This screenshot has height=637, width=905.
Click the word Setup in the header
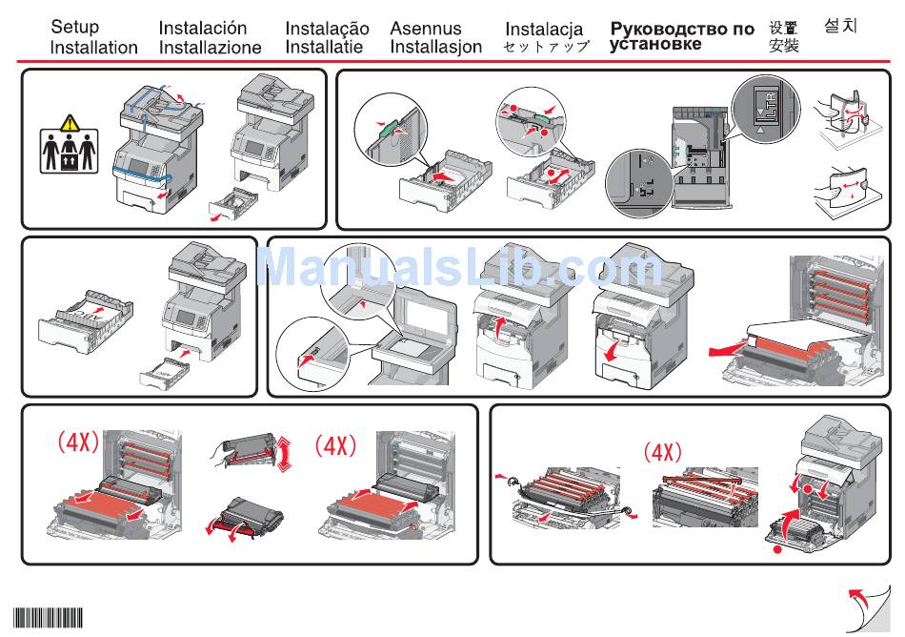[x=74, y=27]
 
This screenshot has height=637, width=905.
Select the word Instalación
[x=202, y=29]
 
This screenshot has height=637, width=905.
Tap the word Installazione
[x=210, y=48]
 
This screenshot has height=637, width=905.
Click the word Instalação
[x=327, y=29]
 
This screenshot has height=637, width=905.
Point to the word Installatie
[x=323, y=47]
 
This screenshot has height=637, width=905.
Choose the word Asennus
[x=425, y=29]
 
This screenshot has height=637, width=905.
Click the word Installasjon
[x=435, y=47]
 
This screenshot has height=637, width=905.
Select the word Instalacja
[x=543, y=29]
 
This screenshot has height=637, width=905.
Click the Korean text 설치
[x=840, y=27]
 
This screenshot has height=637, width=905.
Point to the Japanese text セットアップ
[x=546, y=47]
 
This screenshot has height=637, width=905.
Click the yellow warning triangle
[x=69, y=123]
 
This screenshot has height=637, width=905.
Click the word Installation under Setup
[x=93, y=47]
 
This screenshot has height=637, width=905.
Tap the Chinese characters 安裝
[x=784, y=45]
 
